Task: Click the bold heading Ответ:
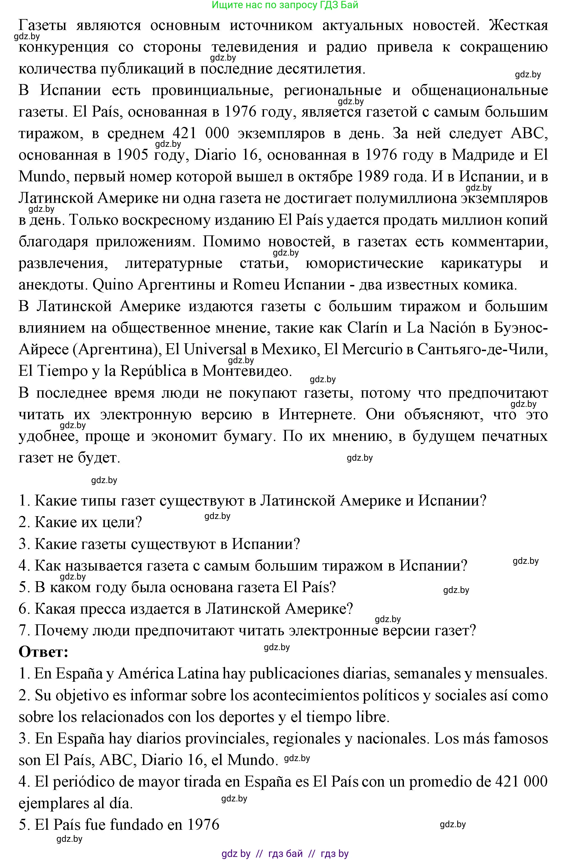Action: pos(43,652)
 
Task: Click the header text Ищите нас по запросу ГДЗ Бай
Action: pos(285,5)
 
